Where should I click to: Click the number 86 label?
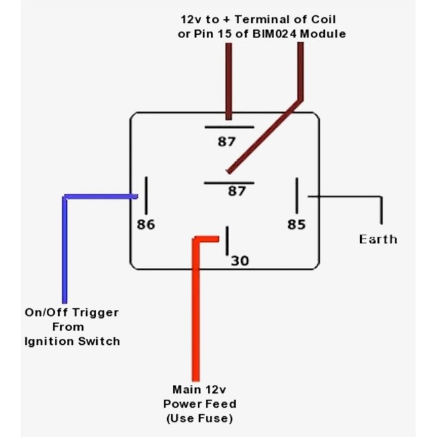[x=146, y=225]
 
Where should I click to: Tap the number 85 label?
[x=296, y=225]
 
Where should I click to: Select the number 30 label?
[x=240, y=261]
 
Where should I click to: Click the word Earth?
[x=378, y=239]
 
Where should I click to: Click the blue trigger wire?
[x=65, y=254]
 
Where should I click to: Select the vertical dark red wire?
[x=229, y=80]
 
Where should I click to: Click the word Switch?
[x=102, y=341]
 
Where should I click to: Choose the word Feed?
[x=223, y=404]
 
